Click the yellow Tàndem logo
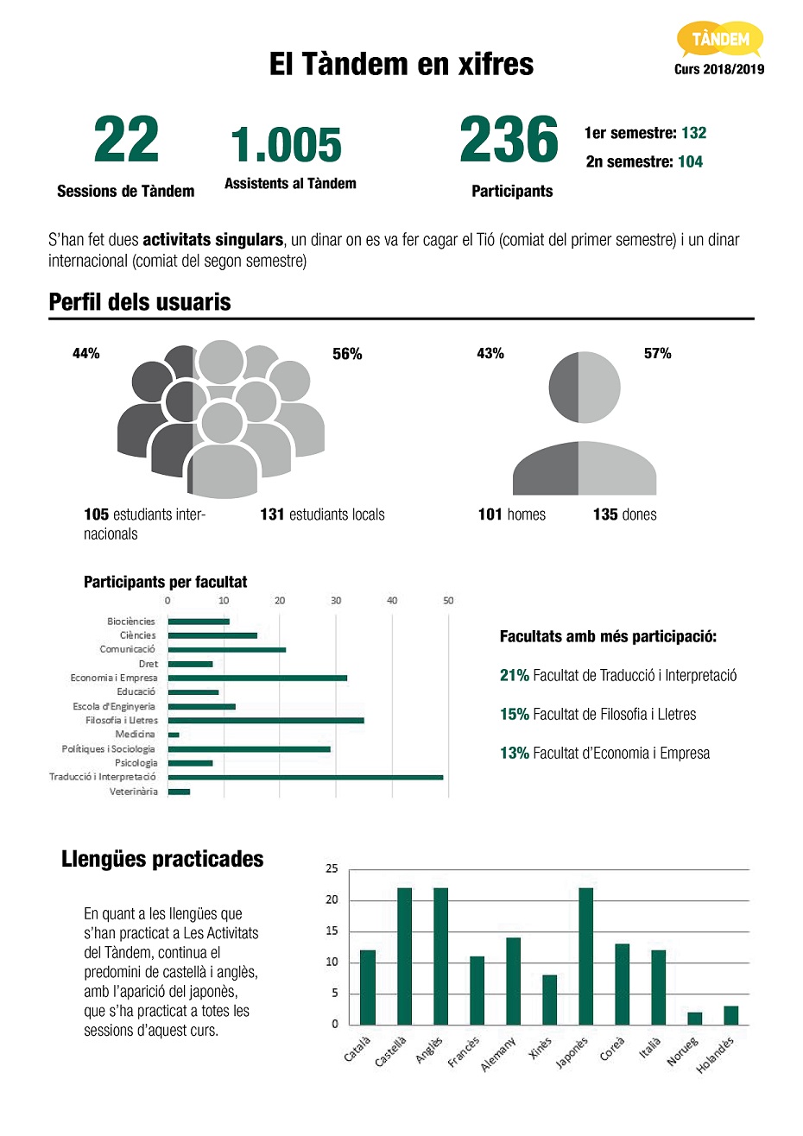point(720,40)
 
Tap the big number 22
point(126,140)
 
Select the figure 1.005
point(286,145)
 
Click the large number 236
point(509,140)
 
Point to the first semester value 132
point(693,133)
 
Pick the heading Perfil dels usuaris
point(140,302)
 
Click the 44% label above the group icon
point(86,353)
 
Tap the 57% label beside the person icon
point(657,353)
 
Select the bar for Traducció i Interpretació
point(305,777)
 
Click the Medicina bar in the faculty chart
point(174,735)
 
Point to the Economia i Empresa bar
point(257,678)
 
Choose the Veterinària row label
point(134,792)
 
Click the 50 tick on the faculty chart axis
point(448,600)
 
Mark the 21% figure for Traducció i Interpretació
point(514,675)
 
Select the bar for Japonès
point(585,956)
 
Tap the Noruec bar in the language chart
point(694,1019)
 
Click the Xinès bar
point(549,1000)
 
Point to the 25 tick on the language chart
point(332,868)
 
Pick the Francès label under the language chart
point(464,1052)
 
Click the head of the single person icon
point(585,388)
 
